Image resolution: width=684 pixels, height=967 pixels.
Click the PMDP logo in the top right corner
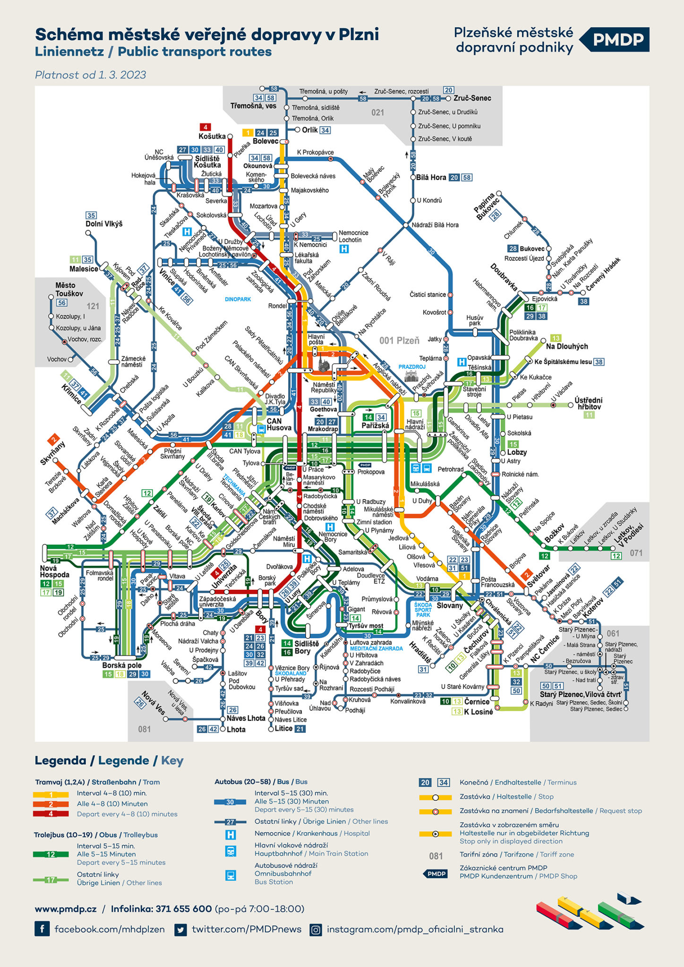coord(617,40)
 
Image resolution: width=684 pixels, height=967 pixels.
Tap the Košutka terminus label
coord(212,136)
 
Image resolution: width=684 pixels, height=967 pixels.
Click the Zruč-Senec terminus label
coord(472,98)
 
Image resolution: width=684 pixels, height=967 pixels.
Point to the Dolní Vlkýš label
coord(104,224)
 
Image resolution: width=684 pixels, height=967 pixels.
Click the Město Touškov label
coord(69,289)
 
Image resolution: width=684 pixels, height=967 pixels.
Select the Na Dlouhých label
coord(567,346)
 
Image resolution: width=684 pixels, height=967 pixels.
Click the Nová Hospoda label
coord(55,571)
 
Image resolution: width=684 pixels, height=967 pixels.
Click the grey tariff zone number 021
coord(377,112)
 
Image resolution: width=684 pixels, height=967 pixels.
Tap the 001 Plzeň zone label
coord(399,340)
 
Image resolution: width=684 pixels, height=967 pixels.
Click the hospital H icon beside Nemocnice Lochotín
coord(344,249)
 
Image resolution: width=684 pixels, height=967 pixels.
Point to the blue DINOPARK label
coord(238,299)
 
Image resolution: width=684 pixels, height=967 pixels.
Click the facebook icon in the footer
coord(42,929)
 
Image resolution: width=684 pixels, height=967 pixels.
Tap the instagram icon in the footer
coord(316,930)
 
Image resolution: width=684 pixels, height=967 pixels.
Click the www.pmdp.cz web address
coord(66,909)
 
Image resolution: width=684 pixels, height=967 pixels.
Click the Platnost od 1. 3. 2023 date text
coord(90,75)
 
